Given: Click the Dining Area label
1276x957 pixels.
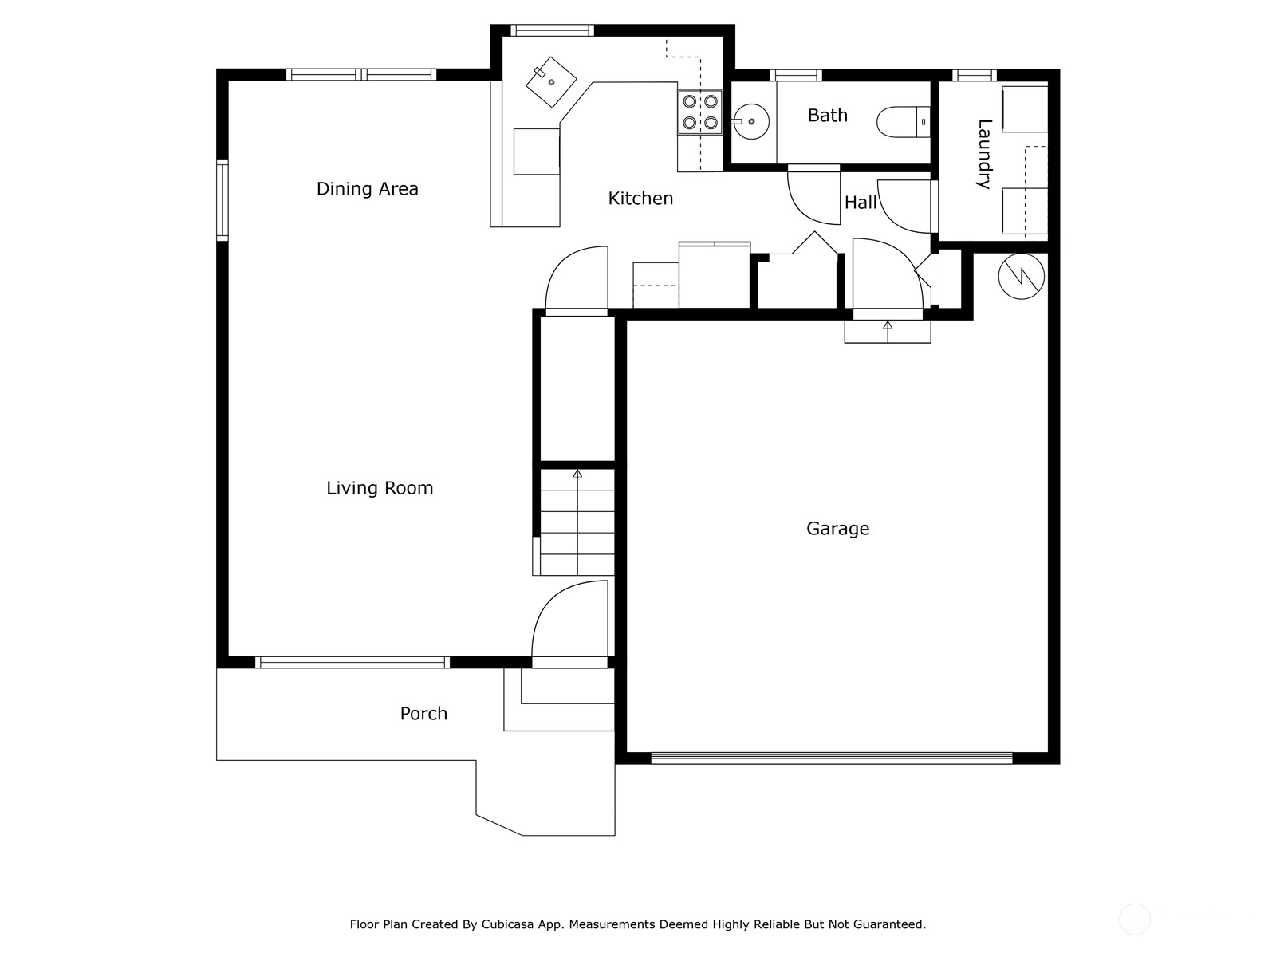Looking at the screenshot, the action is point(367,189).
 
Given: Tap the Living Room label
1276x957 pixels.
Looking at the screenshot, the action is point(380,488).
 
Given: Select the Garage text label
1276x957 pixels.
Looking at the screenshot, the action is point(837,529).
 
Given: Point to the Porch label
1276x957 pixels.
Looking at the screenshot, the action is point(423,714).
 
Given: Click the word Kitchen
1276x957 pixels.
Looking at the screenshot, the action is point(640,199).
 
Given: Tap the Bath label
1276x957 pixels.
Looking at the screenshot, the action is point(827,116).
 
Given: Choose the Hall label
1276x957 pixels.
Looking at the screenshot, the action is point(861,203).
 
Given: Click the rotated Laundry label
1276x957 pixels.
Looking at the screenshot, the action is point(984,154).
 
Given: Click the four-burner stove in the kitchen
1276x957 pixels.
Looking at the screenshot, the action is point(700,112).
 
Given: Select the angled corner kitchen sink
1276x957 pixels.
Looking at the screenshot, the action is point(551,82).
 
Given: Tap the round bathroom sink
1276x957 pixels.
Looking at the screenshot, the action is point(750,121).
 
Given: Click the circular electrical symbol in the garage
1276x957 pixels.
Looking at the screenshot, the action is point(1022,276).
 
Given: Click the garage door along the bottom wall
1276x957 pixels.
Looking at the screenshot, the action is point(831,758).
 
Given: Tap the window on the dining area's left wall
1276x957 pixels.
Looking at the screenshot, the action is point(222,200).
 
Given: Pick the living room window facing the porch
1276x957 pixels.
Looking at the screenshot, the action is point(352,663).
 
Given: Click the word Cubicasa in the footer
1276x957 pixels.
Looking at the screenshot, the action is point(506,924).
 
